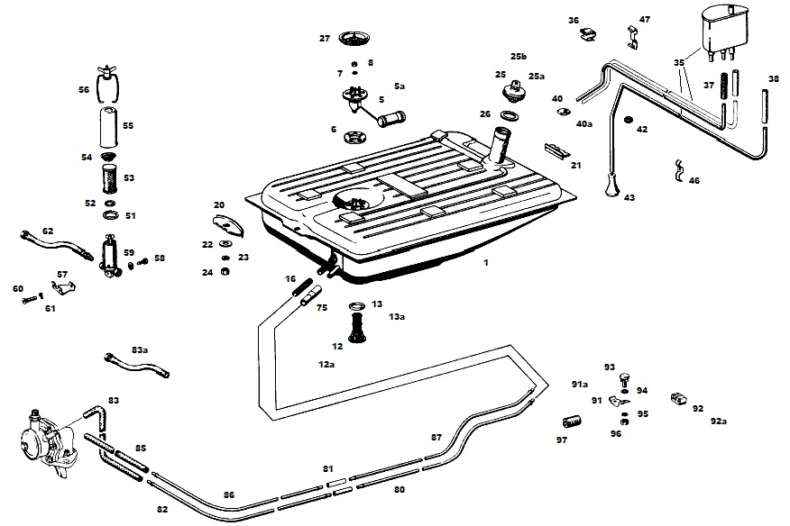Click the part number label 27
(x=325, y=38)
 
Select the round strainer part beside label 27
(x=356, y=39)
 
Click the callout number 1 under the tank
(x=485, y=263)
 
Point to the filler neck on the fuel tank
(x=499, y=144)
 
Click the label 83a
(x=139, y=349)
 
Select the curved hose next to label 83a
(x=135, y=364)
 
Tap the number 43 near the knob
(x=629, y=197)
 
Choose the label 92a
(x=718, y=421)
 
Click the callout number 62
(x=48, y=231)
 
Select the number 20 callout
(x=218, y=204)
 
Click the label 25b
(x=518, y=56)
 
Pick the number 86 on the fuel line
(x=229, y=494)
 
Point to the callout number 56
(x=84, y=89)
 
